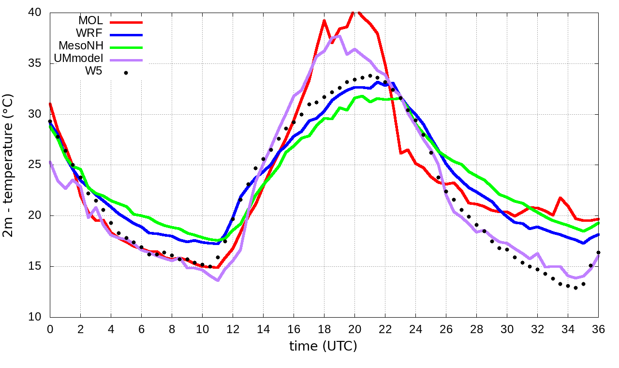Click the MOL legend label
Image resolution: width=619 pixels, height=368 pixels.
90,21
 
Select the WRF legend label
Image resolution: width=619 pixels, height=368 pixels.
90,33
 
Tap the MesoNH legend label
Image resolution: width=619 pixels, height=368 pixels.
81,46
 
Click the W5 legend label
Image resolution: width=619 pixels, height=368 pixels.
94,72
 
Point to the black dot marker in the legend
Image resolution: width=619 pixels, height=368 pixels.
126,73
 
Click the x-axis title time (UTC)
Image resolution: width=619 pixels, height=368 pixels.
323,347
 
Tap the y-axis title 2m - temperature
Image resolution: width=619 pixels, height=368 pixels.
9,166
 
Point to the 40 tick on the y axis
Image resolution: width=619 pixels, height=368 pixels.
35,12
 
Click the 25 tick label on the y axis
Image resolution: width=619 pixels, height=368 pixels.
35,165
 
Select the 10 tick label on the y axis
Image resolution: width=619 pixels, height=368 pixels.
35,317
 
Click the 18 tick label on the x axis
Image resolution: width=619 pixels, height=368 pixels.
324,329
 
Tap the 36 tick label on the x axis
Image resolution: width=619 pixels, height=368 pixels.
598,329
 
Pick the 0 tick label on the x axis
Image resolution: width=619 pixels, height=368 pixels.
50,329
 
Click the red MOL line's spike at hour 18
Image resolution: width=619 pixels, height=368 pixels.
324,20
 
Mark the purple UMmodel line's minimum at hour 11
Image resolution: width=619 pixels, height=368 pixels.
218,280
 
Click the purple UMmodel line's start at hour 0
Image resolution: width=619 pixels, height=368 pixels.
50,162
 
